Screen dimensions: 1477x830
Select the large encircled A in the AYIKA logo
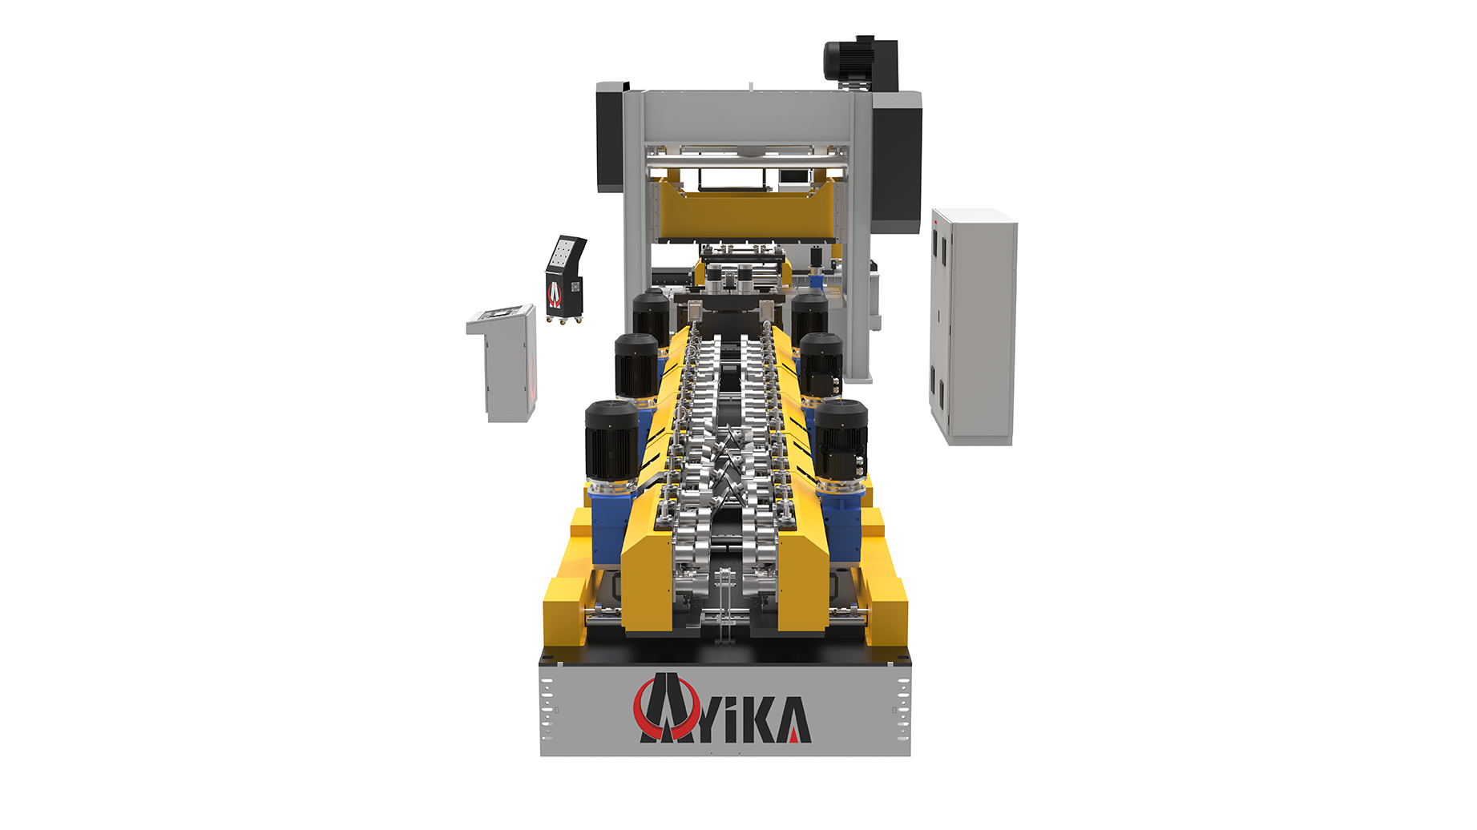pyautogui.click(x=664, y=708)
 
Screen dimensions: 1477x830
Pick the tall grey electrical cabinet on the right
pyautogui.click(x=973, y=326)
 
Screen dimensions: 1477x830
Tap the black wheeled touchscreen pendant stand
pyautogui.click(x=565, y=279)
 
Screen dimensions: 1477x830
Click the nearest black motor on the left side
pyautogui.click(x=611, y=441)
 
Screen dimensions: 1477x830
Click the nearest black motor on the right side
pyautogui.click(x=841, y=440)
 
